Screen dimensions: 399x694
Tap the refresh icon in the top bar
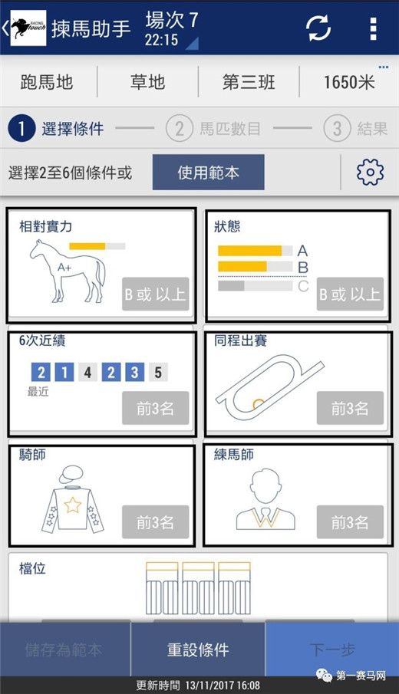click(318, 28)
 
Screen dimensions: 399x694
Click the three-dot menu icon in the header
click(374, 28)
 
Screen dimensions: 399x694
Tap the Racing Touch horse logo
click(28, 28)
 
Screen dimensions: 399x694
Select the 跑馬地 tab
click(47, 82)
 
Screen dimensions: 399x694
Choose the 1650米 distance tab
click(349, 82)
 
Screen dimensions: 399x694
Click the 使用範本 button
click(208, 173)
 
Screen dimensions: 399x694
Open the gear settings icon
click(370, 172)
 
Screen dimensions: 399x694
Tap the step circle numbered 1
click(21, 128)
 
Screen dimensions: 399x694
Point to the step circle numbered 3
click(337, 128)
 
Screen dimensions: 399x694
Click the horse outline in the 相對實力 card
click(68, 271)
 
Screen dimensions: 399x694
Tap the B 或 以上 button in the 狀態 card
click(350, 294)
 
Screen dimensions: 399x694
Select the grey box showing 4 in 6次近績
click(87, 372)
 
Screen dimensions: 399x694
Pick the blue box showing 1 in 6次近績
click(64, 372)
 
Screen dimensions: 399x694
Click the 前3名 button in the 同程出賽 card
click(350, 408)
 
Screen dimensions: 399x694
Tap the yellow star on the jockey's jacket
click(73, 505)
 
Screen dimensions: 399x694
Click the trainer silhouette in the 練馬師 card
click(265, 499)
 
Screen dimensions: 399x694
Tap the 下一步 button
click(332, 650)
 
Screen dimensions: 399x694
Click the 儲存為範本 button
click(64, 650)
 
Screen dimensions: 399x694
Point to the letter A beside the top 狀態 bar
click(302, 251)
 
